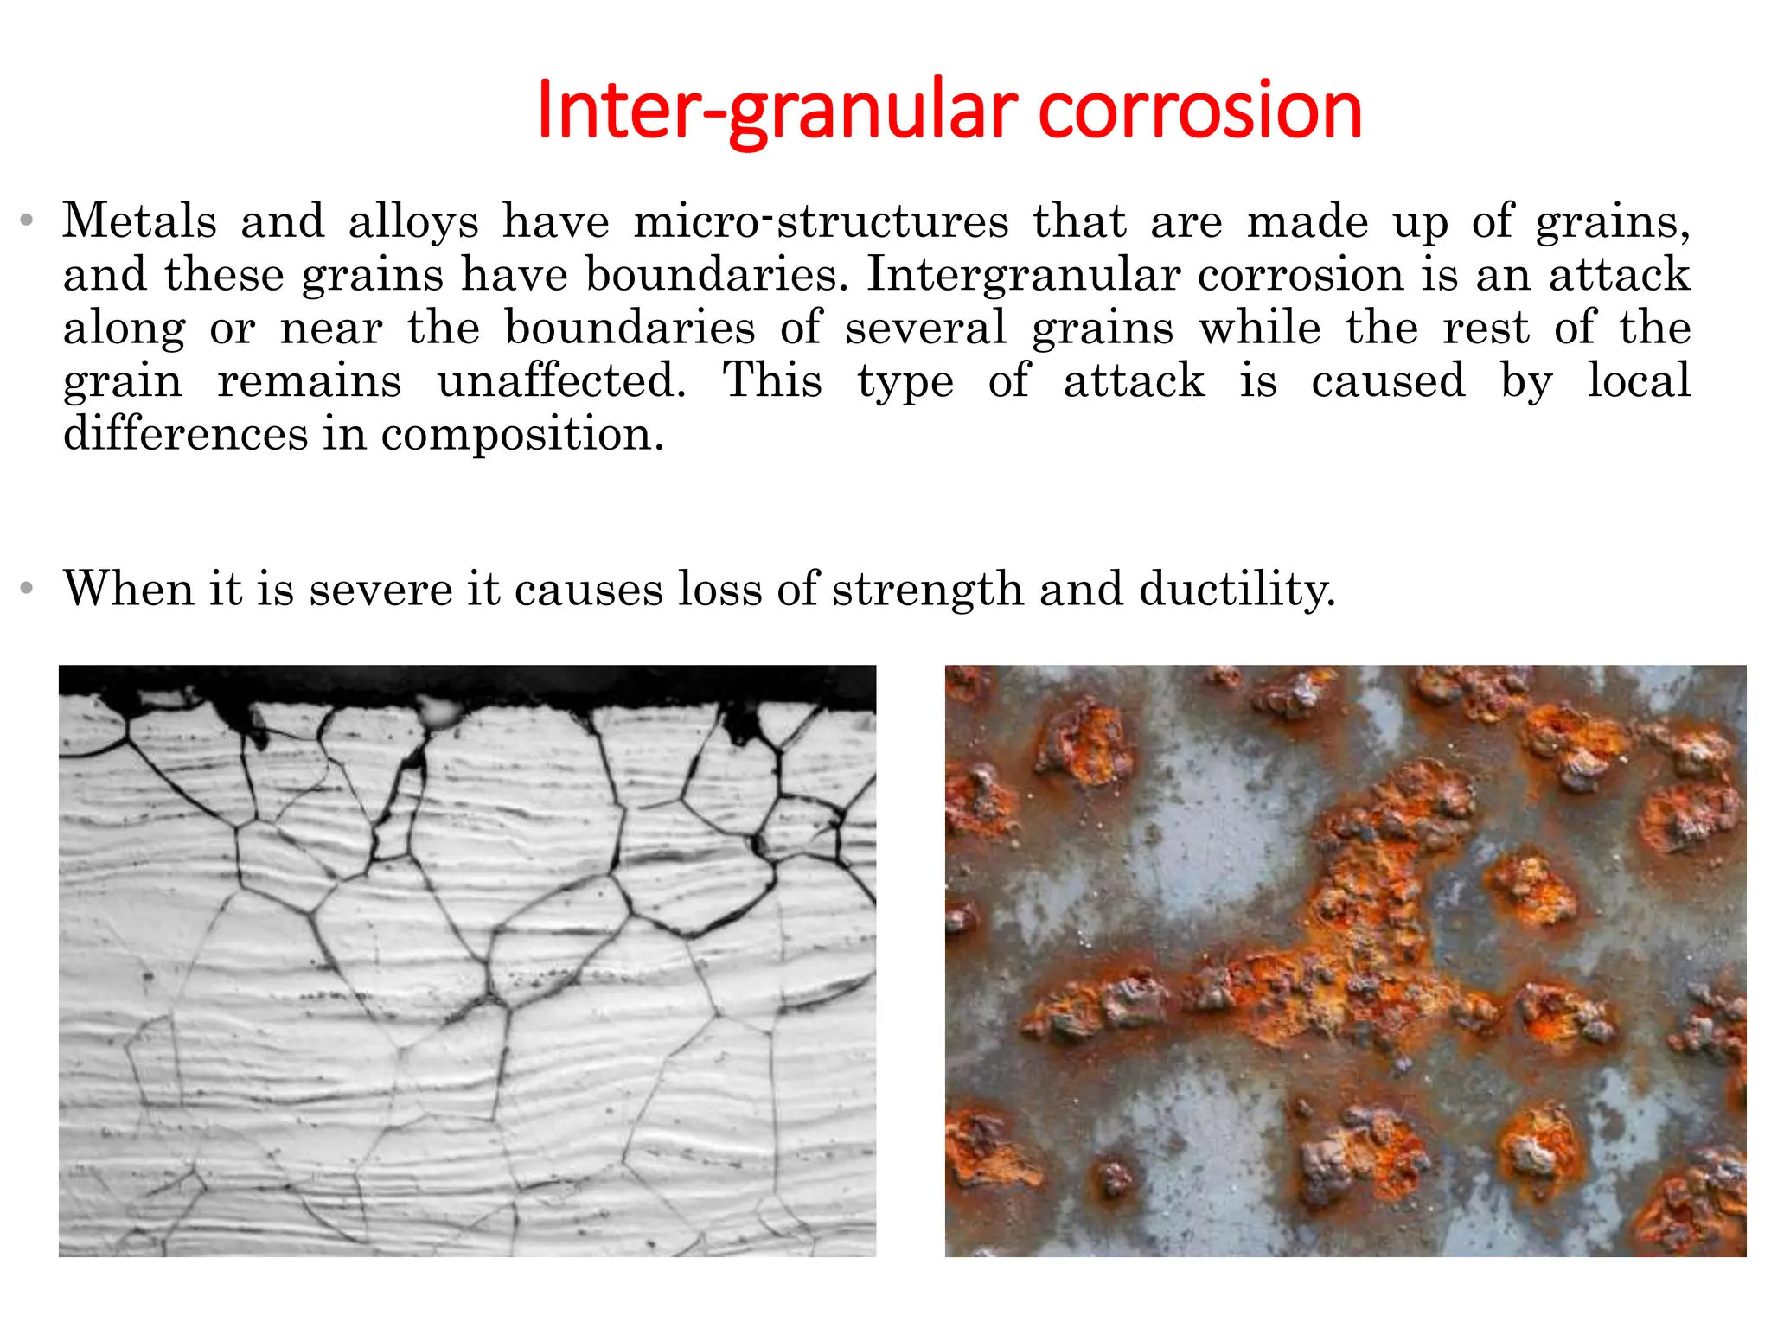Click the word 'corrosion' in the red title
pyautogui.click(x=1199, y=111)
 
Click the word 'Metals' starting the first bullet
pyautogui.click(x=139, y=221)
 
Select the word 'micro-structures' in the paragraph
pyautogui.click(x=821, y=221)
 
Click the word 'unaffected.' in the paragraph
pyautogui.click(x=562, y=381)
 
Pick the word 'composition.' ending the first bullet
pyautogui.click(x=522, y=434)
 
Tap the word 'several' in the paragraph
pyautogui.click(x=926, y=329)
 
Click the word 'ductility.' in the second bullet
pyautogui.click(x=1237, y=590)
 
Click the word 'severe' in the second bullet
pyautogui.click(x=380, y=590)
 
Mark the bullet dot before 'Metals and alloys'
pyautogui.click(x=28, y=221)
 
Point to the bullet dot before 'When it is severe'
pyautogui.click(x=28, y=590)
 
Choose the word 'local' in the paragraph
pyautogui.click(x=1639, y=381)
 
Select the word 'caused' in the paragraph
pyautogui.click(x=1388, y=381)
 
